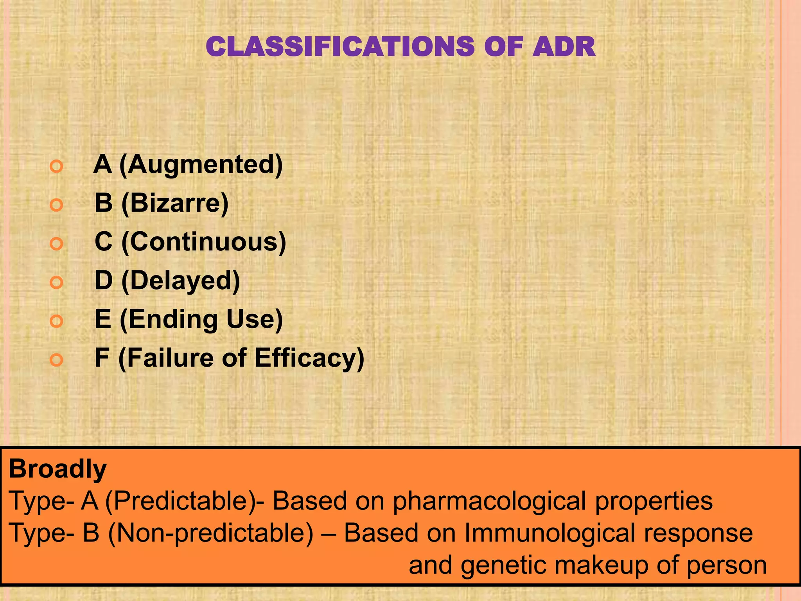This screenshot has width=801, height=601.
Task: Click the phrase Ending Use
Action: (x=201, y=319)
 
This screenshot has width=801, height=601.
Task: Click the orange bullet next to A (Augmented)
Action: (x=57, y=167)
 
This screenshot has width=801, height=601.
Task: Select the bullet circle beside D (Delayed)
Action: (x=57, y=283)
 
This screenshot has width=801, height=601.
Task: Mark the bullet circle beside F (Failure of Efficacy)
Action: (x=57, y=360)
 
